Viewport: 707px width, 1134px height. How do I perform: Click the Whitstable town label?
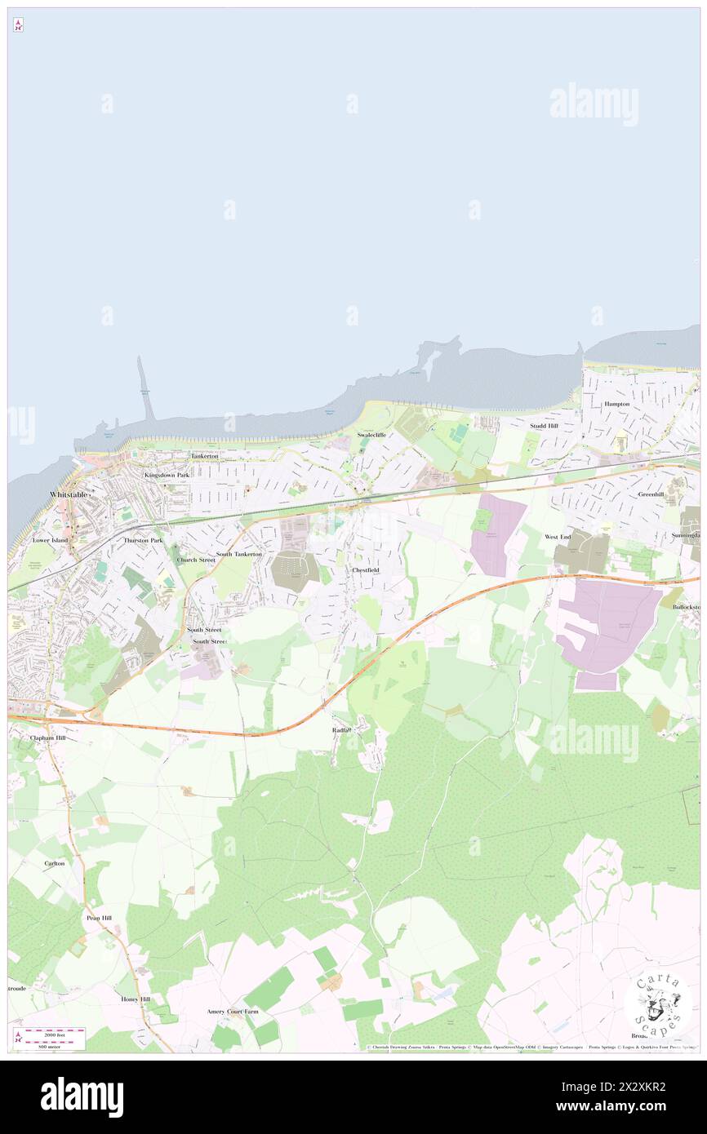coord(69,495)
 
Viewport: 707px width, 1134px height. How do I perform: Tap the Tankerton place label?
coord(204,456)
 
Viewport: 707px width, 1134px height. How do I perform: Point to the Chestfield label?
coord(365,569)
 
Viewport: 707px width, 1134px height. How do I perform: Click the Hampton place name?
coord(616,404)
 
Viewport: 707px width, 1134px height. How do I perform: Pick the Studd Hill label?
coord(543,426)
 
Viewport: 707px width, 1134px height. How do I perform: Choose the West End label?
coord(558,537)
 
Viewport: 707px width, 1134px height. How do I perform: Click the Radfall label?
coord(342,729)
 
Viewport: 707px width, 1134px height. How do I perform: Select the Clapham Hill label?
coord(47,738)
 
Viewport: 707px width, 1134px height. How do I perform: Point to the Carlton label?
coord(55,862)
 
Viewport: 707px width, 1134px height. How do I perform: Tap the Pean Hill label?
coord(99,918)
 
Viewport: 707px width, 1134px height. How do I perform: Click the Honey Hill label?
coord(136,999)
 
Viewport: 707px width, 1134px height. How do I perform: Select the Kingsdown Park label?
coord(167,475)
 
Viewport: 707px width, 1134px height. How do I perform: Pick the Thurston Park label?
coord(143,540)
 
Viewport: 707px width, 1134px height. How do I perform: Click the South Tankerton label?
coord(239,554)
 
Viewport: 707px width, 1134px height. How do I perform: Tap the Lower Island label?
coord(50,540)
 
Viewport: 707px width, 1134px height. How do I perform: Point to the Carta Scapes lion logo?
coord(658,1005)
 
